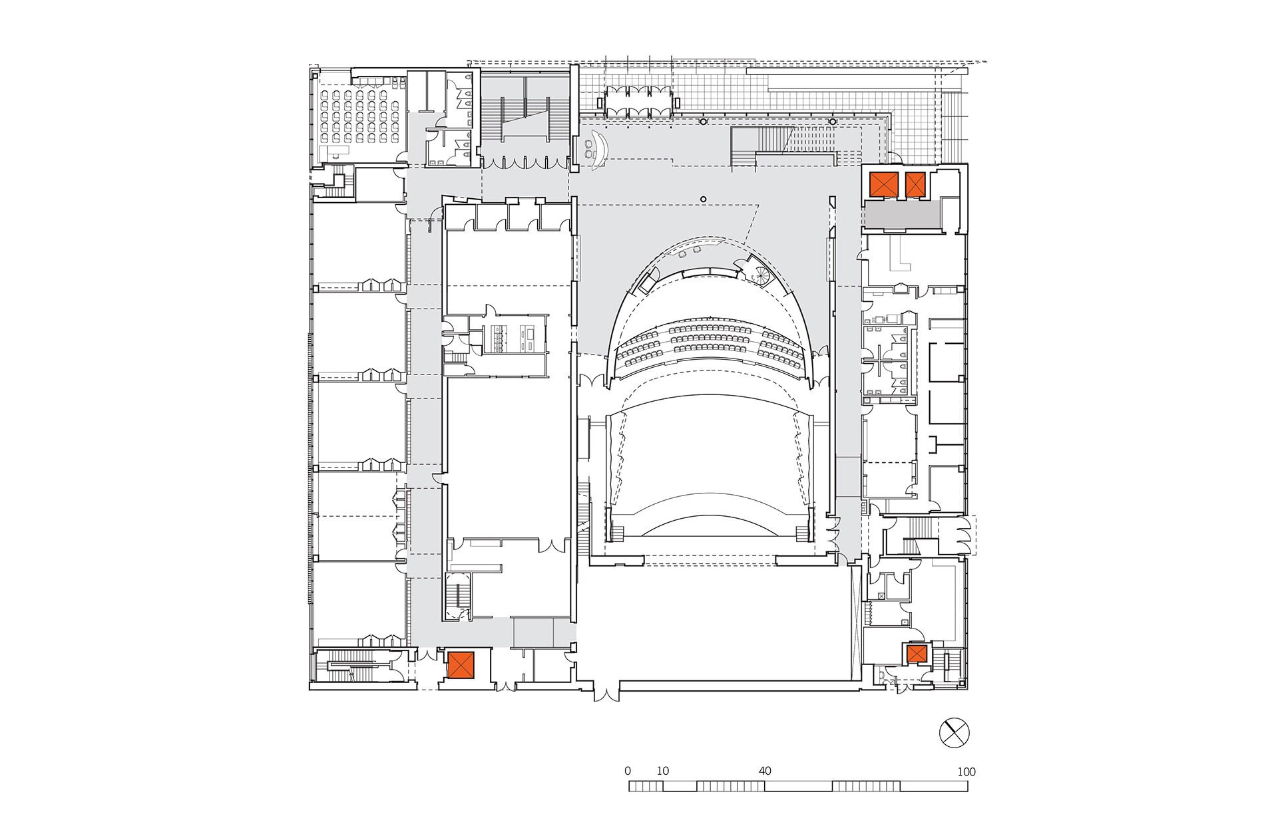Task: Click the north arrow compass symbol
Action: (x=955, y=733)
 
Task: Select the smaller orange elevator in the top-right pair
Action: (x=915, y=184)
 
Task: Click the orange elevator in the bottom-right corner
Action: (x=916, y=654)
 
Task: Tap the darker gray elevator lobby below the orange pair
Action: (x=902, y=215)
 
